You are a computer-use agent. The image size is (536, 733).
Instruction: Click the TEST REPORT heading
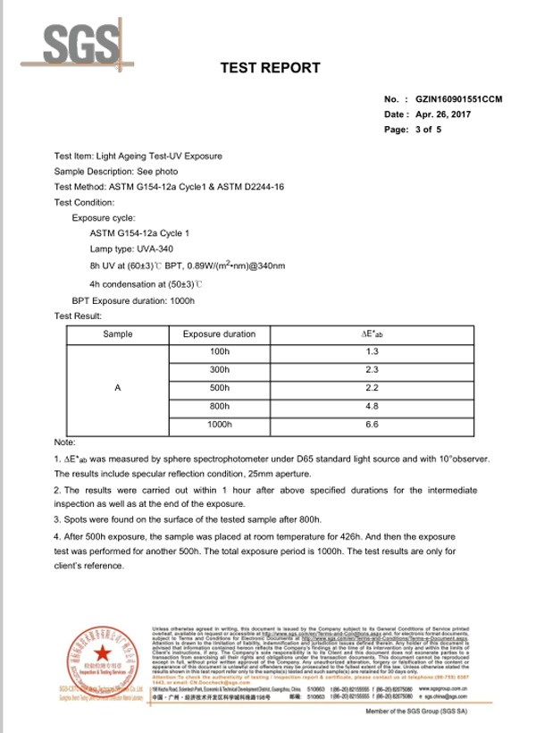click(270, 68)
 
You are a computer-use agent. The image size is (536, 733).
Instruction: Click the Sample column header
click(118, 334)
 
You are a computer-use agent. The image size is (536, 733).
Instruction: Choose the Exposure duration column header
click(219, 334)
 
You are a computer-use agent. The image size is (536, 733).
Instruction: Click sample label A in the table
click(118, 389)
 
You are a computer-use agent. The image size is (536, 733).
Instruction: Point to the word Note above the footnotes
click(64, 442)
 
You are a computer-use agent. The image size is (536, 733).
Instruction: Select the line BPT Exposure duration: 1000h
click(133, 301)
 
